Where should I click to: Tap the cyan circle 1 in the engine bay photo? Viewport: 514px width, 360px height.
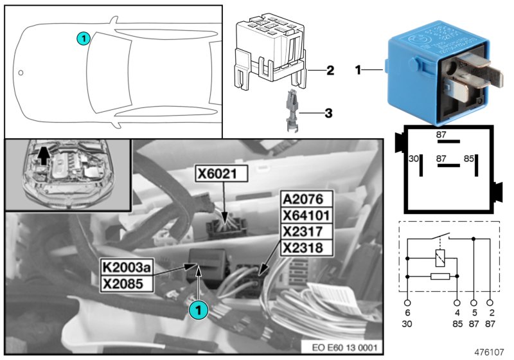tap(199, 309)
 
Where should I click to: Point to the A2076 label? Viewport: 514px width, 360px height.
tap(306, 199)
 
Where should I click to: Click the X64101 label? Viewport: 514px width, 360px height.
tap(306, 215)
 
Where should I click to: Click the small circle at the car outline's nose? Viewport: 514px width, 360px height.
tap(21, 73)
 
